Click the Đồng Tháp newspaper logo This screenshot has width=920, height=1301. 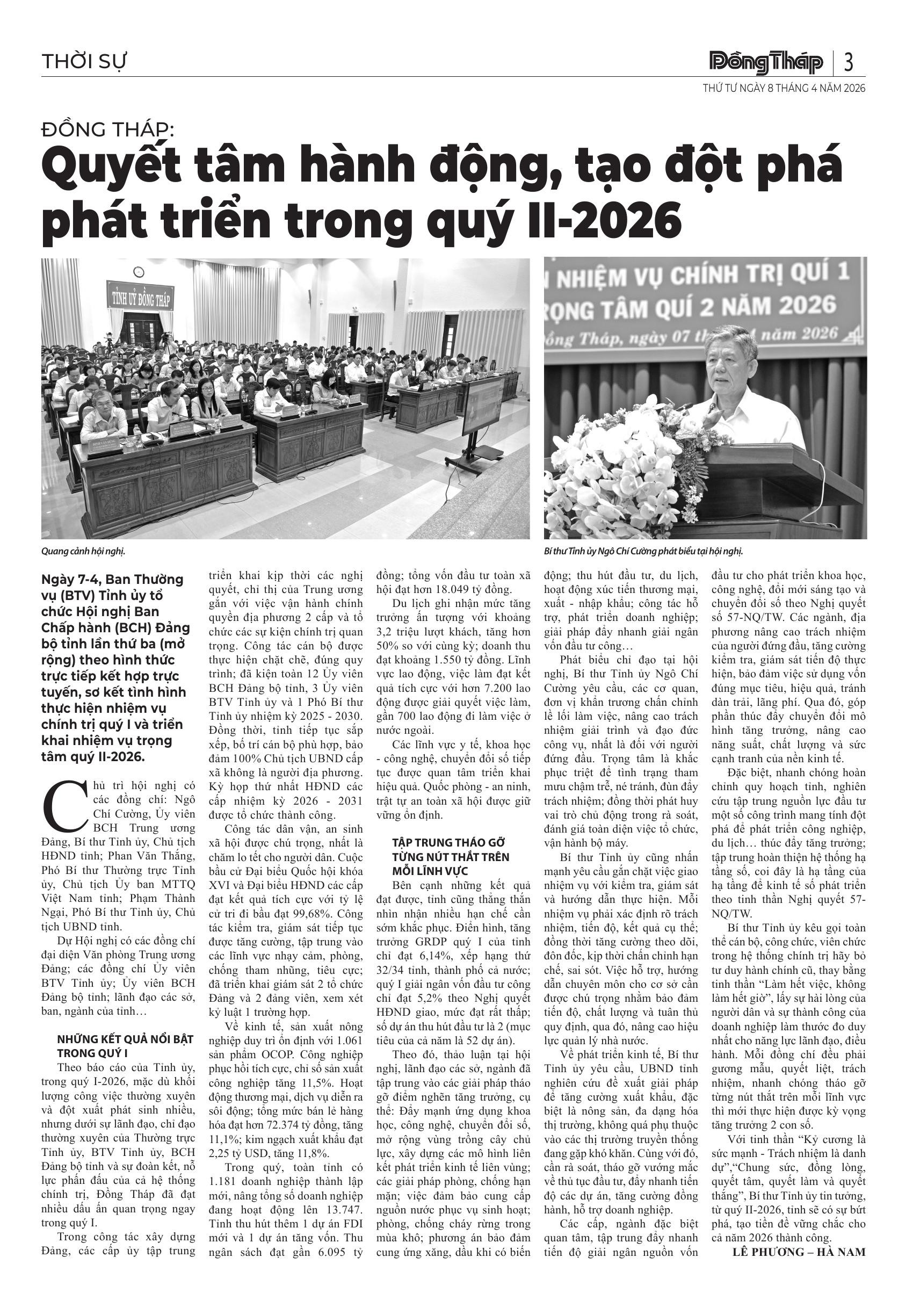tap(765, 62)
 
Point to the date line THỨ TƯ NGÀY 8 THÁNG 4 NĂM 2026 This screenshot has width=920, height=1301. tap(784, 89)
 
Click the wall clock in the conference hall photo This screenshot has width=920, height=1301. tap(138, 272)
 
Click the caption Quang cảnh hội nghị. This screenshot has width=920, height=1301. tap(83, 551)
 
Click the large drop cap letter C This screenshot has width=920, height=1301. tap(63, 805)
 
